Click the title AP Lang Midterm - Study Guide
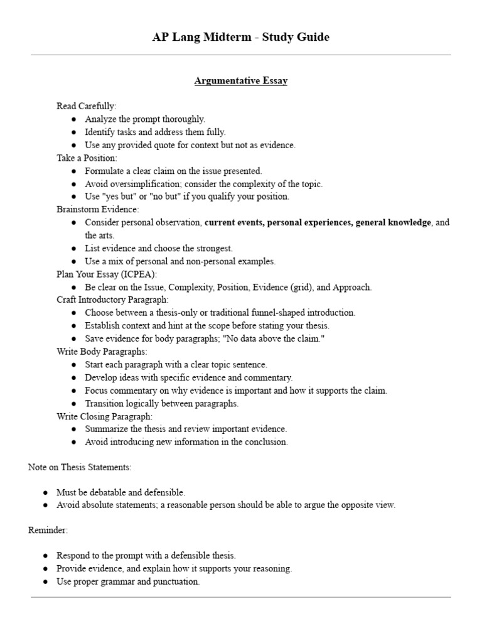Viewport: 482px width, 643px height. coord(240,37)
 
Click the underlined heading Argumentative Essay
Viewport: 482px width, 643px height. coord(240,81)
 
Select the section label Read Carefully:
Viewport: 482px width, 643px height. coord(87,105)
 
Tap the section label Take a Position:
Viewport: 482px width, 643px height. coord(87,158)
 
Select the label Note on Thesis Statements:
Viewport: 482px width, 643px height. coord(80,467)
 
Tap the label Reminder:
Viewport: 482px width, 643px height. coord(48,530)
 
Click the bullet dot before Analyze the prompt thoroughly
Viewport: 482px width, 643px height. coord(74,119)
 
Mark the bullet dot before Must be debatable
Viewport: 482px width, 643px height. coord(46,492)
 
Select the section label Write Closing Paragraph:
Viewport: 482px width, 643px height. coord(104,416)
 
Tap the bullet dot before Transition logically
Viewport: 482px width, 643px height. coord(74,404)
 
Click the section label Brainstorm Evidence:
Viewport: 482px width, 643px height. coord(98,209)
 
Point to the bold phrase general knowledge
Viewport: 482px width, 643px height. coord(394,222)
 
